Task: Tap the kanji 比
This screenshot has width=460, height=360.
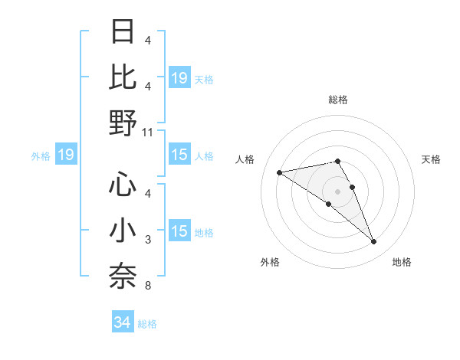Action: (123, 77)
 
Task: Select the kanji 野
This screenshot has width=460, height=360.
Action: (123, 123)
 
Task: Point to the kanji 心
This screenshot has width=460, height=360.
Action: (123, 184)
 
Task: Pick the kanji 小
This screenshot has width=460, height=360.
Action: (123, 231)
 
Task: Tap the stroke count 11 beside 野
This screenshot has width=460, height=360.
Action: (148, 133)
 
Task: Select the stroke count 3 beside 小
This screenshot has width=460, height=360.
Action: (148, 240)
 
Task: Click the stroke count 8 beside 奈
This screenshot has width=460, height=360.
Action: (148, 286)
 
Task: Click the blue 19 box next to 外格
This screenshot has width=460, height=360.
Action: (65, 155)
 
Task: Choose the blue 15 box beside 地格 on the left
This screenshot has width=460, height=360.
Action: (179, 232)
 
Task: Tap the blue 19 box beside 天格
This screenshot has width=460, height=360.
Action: (179, 77)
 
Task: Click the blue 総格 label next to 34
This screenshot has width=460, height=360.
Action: (147, 324)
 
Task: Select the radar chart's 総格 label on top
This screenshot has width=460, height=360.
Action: (337, 100)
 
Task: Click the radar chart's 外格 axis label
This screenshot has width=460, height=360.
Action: (270, 262)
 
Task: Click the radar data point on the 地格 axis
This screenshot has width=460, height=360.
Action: (374, 242)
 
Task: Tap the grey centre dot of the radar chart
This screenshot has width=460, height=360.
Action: (337, 191)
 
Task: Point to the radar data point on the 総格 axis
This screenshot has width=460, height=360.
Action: (337, 162)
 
